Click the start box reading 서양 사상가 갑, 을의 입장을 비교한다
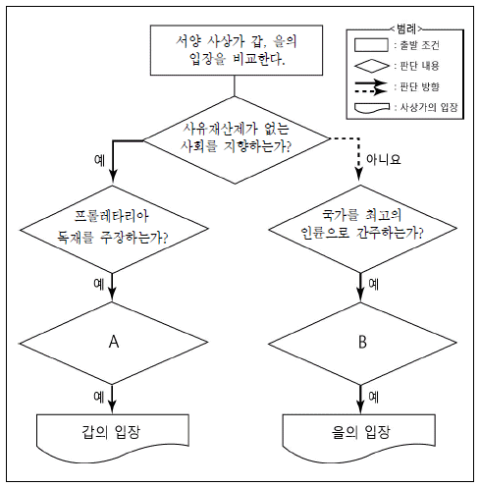click(237, 50)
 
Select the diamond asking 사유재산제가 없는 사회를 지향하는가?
click(237, 139)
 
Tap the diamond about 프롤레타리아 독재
click(113, 229)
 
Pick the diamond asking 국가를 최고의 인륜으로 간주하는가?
click(362, 229)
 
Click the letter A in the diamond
click(114, 342)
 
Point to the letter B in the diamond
click(362, 342)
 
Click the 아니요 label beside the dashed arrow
click(383, 159)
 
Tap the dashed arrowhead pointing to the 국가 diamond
click(359, 175)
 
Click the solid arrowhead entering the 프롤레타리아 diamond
click(113, 176)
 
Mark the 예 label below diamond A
click(99, 397)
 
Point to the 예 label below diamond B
click(374, 397)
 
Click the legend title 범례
click(406, 28)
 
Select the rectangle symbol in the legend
click(371, 45)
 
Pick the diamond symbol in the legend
click(372, 66)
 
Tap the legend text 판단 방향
click(419, 86)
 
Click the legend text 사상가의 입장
click(429, 107)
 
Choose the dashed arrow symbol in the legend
click(371, 91)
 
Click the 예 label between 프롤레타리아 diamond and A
click(99, 284)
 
